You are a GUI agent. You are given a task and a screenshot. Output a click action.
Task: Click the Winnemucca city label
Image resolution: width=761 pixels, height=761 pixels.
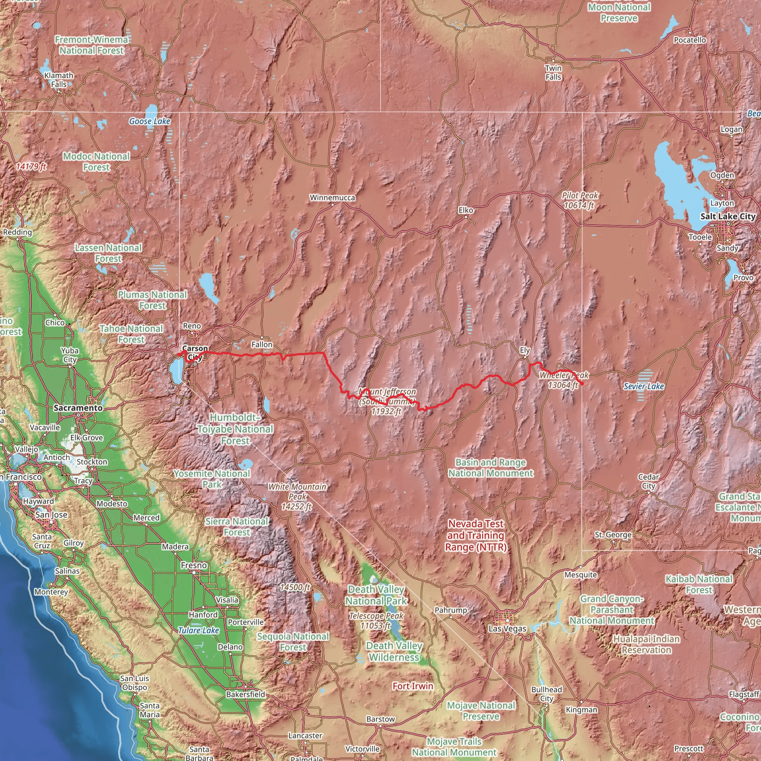coord(332,198)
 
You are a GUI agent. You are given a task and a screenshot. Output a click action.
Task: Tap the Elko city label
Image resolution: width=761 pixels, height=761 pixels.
coord(466,210)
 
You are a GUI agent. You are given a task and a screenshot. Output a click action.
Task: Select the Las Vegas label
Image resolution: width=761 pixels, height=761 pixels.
coord(507,629)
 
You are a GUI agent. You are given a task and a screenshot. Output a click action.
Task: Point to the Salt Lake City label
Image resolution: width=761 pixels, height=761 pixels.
coord(728,216)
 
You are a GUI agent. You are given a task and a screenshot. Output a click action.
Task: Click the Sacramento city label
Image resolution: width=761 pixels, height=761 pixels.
coord(78,408)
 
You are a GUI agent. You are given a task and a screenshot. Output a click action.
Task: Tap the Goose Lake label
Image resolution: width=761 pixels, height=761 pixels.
coord(150,121)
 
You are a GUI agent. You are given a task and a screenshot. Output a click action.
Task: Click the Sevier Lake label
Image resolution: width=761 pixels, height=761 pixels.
coord(644,386)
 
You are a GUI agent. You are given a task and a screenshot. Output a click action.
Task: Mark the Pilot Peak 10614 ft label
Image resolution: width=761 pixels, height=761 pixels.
coord(580,200)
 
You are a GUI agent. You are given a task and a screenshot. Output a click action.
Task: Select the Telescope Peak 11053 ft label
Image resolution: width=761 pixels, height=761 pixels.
coord(376,621)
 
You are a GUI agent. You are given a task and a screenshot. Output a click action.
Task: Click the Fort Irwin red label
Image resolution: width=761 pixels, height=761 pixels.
coord(412,686)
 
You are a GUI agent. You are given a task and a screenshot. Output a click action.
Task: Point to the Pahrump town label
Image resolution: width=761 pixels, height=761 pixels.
coord(451,610)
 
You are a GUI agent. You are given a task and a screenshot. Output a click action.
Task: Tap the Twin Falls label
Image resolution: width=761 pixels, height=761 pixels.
coord(553,72)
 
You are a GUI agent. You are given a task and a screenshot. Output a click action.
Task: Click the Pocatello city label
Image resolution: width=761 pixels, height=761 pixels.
coord(690,40)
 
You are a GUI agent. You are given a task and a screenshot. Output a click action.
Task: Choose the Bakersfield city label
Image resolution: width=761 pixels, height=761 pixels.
coord(245,694)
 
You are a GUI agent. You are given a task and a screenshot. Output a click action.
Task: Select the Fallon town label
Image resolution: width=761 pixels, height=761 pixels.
coord(262,345)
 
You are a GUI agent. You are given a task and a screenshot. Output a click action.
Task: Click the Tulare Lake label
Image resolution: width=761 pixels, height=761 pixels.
coord(198,630)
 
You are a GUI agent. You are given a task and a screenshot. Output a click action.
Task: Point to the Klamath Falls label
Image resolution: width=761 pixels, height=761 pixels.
coord(59,80)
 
